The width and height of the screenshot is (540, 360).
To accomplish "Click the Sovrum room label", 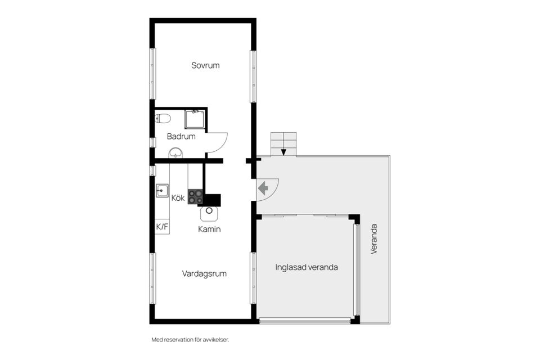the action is [x=205, y=65].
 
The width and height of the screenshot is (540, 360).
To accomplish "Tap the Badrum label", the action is [x=181, y=137].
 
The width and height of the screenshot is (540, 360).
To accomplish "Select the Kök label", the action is [x=178, y=198].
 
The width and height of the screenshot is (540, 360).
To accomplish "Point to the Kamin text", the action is [x=209, y=229].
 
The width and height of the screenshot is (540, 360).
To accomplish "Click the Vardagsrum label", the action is [x=204, y=274].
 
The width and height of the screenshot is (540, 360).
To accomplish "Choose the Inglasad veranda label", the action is [x=307, y=267].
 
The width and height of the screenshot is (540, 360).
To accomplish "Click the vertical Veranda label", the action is [x=374, y=239].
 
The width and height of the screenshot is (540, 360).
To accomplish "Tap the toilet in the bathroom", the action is [x=163, y=118].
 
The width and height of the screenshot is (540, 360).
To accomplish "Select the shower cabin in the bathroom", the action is [x=195, y=119].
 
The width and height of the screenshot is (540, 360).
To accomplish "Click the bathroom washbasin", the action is [x=176, y=152].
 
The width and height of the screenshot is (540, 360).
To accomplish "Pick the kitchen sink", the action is [x=162, y=190].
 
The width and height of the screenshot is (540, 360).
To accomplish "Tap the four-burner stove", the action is [x=195, y=197].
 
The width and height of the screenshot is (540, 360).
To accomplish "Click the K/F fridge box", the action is [x=162, y=227].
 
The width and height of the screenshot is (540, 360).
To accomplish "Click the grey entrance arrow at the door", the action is [x=263, y=188].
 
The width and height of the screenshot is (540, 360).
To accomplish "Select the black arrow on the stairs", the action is [x=283, y=151].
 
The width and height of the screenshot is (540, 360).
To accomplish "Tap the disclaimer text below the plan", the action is [x=191, y=340].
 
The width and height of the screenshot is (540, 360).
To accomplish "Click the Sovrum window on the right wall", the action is [x=253, y=76].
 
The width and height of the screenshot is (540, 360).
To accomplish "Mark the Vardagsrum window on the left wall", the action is [x=152, y=278].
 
